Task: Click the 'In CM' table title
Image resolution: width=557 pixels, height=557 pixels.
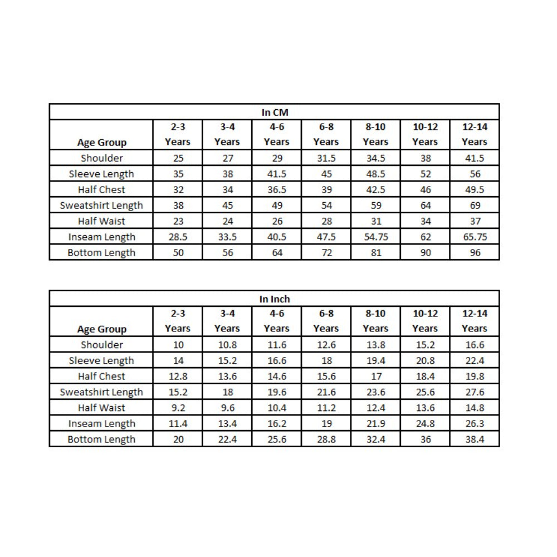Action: point(275,112)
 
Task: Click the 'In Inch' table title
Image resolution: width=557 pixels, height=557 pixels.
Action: point(275,299)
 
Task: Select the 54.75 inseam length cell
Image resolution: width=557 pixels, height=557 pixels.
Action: point(375,237)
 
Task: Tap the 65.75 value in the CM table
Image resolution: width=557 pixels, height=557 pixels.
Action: point(475,237)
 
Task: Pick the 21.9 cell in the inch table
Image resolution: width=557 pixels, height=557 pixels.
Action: point(375,424)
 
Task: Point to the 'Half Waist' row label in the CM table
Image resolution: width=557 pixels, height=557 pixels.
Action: point(101,221)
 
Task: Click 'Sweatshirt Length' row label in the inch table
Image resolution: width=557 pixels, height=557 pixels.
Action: point(101,392)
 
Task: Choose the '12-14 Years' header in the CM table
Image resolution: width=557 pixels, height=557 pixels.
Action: point(475,134)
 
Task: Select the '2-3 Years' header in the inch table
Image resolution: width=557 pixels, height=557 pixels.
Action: point(178,321)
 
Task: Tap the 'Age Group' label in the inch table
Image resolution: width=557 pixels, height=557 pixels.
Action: point(101,329)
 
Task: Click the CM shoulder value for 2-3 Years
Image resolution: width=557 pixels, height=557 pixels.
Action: point(178,158)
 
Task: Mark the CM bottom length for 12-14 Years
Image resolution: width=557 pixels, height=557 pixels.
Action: point(475,253)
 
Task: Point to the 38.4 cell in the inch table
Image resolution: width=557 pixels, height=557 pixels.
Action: point(475,439)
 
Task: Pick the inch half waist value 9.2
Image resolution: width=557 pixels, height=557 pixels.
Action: point(178,408)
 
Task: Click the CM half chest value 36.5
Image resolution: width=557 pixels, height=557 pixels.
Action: point(277,189)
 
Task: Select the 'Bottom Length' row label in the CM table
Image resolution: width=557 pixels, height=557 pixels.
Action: point(101,253)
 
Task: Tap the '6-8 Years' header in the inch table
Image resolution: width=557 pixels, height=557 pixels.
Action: point(326,321)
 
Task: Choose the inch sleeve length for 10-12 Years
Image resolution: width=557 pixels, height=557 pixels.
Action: point(425,360)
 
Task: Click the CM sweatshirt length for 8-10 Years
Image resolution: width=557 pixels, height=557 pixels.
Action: point(375,206)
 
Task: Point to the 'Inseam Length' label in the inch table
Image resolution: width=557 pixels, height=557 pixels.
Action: point(101,424)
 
